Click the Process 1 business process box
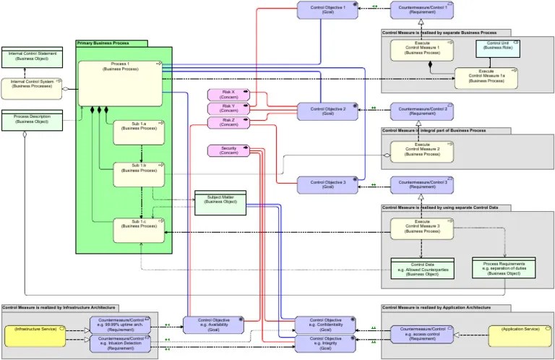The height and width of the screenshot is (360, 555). (x=120, y=83)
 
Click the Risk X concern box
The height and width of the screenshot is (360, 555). (x=228, y=95)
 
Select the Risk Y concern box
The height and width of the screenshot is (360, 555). (x=228, y=108)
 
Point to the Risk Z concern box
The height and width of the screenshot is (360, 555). (x=228, y=123)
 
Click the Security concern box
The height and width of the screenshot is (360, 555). (x=228, y=150)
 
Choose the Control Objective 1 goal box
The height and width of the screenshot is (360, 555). (x=327, y=10)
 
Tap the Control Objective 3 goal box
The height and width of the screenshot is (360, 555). (x=327, y=184)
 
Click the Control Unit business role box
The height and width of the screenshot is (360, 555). (x=498, y=48)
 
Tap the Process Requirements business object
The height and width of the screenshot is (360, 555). (x=503, y=268)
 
